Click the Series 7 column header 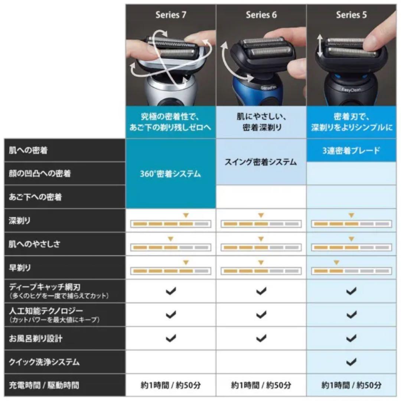pos(171,15)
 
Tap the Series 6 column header pos(261,15)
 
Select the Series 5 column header pos(351,15)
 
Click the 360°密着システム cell pos(170,174)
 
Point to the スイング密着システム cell pos(261,162)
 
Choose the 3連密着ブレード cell pos(351,151)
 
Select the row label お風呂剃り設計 pos(36,338)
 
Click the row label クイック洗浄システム pos(44,362)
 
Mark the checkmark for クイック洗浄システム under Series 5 pos(351,362)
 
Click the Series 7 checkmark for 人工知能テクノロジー pos(170,315)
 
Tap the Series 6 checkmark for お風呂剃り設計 pos(261,338)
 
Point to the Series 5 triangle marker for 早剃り pos(336,263)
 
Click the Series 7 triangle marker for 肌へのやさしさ pos(171,239)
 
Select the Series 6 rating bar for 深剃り pos(261,224)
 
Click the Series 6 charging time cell pos(261,385)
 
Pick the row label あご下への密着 pos(35,197)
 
